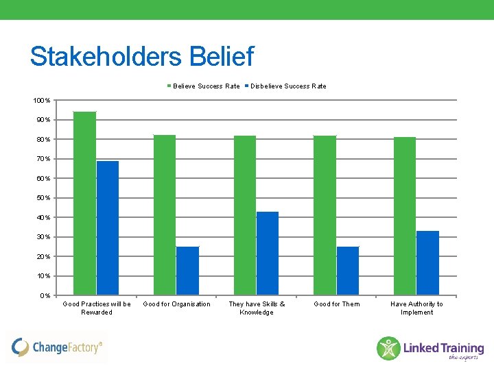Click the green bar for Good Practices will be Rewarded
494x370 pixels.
coord(84,203)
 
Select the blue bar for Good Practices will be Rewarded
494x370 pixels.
coord(108,227)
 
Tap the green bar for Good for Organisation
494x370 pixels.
coord(165,214)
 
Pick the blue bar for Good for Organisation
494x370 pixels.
coord(187,271)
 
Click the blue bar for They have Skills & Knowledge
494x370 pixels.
coord(268,254)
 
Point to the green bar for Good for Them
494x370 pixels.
coord(325,215)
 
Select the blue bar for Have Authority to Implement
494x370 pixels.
coord(427,263)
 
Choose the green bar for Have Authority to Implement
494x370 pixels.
coord(405,216)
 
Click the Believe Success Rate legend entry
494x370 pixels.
coord(204,86)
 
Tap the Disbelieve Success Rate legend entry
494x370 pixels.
coord(286,86)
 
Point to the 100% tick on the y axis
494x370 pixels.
coord(42,101)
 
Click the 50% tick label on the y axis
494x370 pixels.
coord(43,198)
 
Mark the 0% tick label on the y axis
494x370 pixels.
coord(45,296)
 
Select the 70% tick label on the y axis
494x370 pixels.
coord(43,159)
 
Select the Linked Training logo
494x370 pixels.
coord(430,348)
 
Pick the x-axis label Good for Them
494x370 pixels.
coord(337,304)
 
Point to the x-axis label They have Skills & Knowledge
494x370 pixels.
coord(257,308)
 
